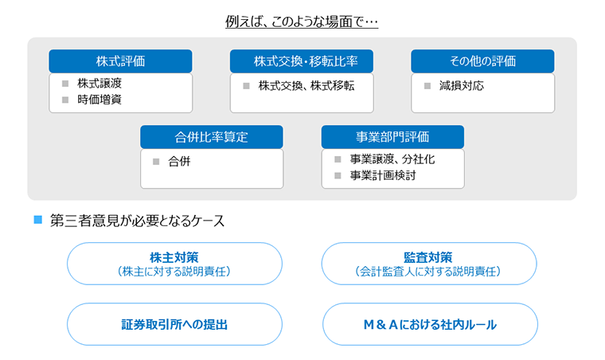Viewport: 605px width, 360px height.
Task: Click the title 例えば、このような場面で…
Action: click(x=302, y=22)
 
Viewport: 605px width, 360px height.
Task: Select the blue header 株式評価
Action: click(x=120, y=61)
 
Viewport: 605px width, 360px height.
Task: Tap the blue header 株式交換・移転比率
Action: click(x=302, y=61)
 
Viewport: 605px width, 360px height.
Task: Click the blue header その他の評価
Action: click(x=482, y=61)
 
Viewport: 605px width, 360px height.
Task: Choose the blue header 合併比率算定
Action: click(x=212, y=136)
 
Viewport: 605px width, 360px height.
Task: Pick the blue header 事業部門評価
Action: click(x=392, y=136)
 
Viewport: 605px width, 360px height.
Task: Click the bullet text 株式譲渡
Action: click(x=100, y=84)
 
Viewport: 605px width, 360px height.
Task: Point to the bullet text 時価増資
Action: click(x=100, y=100)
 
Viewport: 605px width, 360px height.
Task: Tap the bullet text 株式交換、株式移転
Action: click(x=306, y=86)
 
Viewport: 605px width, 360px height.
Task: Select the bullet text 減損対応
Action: click(x=462, y=86)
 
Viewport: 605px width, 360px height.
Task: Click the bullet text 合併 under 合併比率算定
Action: click(x=179, y=162)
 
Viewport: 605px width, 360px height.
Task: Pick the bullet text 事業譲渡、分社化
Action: click(x=392, y=159)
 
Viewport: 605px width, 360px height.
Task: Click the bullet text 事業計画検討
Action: click(x=383, y=175)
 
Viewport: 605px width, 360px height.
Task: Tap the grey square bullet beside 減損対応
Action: click(x=427, y=86)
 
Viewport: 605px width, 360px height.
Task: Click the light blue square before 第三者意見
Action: click(x=38, y=220)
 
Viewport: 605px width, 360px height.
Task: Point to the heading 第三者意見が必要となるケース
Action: click(x=138, y=221)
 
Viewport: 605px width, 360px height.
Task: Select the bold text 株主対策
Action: click(x=174, y=257)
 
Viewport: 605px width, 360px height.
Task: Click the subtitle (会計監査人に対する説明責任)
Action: click(x=428, y=272)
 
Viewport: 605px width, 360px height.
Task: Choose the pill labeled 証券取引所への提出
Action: click(x=174, y=324)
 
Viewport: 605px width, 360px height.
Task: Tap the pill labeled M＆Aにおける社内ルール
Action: click(x=430, y=324)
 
